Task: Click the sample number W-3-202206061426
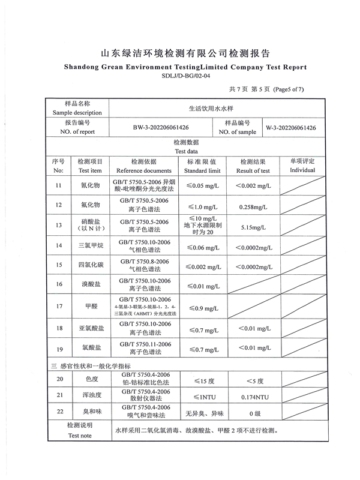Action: click(x=292, y=127)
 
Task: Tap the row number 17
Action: click(x=58, y=306)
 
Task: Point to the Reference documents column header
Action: click(x=144, y=166)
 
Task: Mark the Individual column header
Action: click(x=302, y=166)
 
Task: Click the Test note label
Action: click(x=79, y=435)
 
